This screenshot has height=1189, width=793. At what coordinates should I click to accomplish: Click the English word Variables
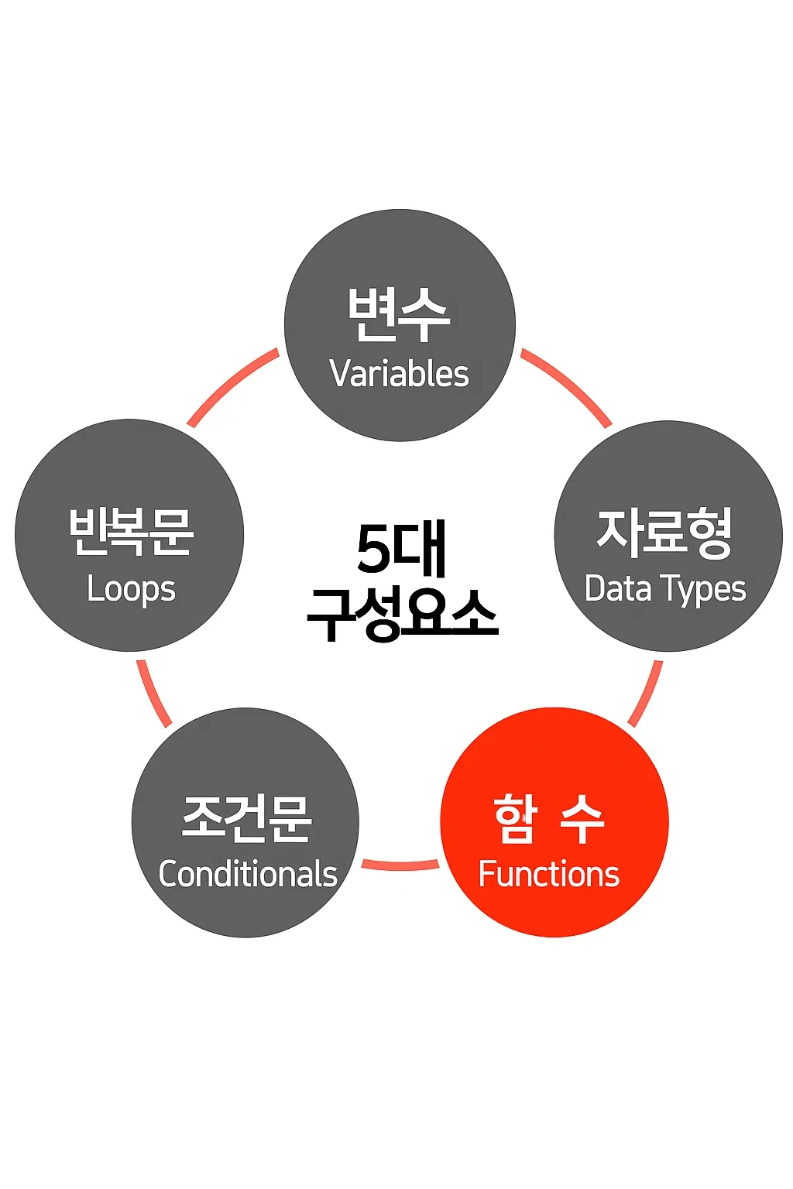399,374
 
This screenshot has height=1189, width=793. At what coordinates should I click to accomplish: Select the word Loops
131,589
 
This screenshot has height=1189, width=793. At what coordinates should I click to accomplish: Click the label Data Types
665,589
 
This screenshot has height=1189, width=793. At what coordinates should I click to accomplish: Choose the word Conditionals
248,874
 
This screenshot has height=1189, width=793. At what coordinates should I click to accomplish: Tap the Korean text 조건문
247,817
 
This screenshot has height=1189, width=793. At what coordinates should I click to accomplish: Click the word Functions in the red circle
549,874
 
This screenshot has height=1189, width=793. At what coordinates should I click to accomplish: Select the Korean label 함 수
549,819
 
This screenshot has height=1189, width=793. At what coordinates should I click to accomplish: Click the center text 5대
401,550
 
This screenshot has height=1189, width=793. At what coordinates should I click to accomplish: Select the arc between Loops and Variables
232,385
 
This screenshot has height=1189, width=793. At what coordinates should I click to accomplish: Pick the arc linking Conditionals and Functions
400,865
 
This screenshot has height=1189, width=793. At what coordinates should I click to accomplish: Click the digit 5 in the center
374,550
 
